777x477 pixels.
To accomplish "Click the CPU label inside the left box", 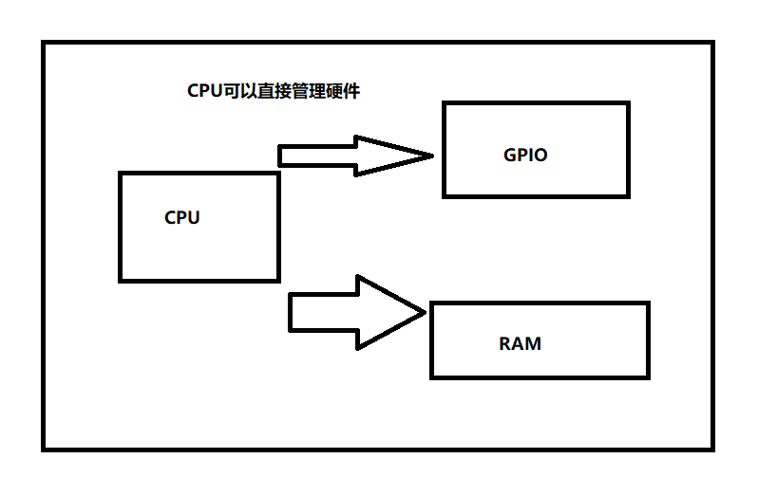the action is pos(181,218).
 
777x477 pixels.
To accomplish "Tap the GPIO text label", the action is pos(525,155).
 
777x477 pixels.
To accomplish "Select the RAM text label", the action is pos(520,343).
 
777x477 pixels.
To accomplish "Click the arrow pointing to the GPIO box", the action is pos(356,156).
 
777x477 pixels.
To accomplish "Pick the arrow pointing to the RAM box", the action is pos(357,312).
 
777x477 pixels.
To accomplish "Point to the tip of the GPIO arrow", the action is pos(433,156).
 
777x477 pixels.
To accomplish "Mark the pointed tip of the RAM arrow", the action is pos(426,312).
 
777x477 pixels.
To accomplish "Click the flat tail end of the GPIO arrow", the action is pos(279,156).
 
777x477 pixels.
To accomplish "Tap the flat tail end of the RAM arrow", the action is pos(290,312).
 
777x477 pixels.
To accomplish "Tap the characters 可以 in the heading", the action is pos(240,91).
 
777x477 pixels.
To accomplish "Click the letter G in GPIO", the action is pos(510,155).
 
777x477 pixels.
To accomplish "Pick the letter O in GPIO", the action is pos(540,155).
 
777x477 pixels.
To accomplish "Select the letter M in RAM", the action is pos(533,343).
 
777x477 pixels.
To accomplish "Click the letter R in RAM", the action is pos(504,343).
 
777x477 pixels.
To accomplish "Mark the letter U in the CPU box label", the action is pos(194,218).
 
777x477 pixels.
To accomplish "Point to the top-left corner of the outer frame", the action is pos(43,42).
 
